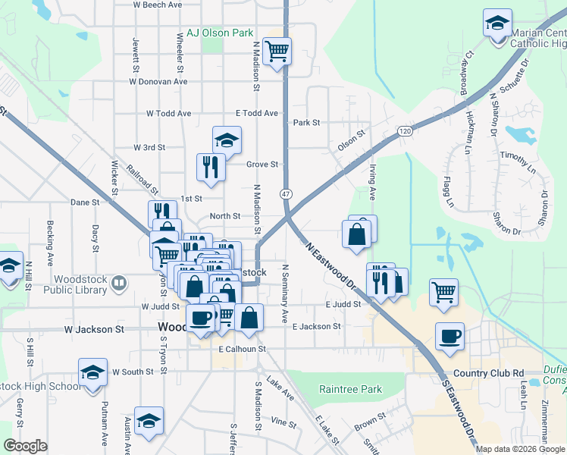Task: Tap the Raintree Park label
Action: tap(350, 389)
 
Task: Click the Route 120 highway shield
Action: tap(407, 131)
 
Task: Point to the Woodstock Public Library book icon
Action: tap(119, 284)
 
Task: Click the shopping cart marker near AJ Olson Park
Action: tap(278, 52)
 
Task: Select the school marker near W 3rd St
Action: tap(227, 140)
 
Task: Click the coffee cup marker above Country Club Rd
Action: tap(450, 336)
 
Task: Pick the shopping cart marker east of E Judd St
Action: tap(443, 292)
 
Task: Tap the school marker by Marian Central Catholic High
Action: tap(498, 23)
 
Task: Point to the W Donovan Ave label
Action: tap(158, 81)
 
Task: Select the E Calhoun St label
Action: tap(243, 349)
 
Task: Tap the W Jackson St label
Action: tap(94, 330)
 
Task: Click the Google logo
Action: tap(25, 446)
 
